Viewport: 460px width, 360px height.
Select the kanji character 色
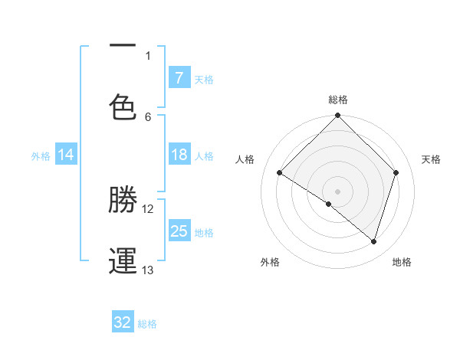tap(123, 106)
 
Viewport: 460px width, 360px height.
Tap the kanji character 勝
tap(123, 200)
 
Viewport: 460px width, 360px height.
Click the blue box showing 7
tap(179, 78)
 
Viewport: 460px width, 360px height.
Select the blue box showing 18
tap(179, 155)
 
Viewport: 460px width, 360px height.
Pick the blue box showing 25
tap(179, 231)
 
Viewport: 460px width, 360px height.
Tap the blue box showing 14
tap(65, 155)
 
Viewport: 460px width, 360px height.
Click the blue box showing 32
tap(122, 322)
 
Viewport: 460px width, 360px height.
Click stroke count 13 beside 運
tap(148, 270)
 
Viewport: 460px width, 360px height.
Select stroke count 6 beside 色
tap(148, 116)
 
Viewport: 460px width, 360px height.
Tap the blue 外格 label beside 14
tap(41, 156)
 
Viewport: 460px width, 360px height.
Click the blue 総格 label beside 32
tap(147, 324)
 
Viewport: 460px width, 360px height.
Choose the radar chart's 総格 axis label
tap(338, 100)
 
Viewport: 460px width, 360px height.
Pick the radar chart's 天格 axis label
tap(432, 159)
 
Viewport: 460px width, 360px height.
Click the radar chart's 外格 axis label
tap(270, 262)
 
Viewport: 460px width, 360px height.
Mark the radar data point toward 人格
tap(280, 173)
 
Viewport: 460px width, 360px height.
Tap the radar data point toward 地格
tap(374, 241)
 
